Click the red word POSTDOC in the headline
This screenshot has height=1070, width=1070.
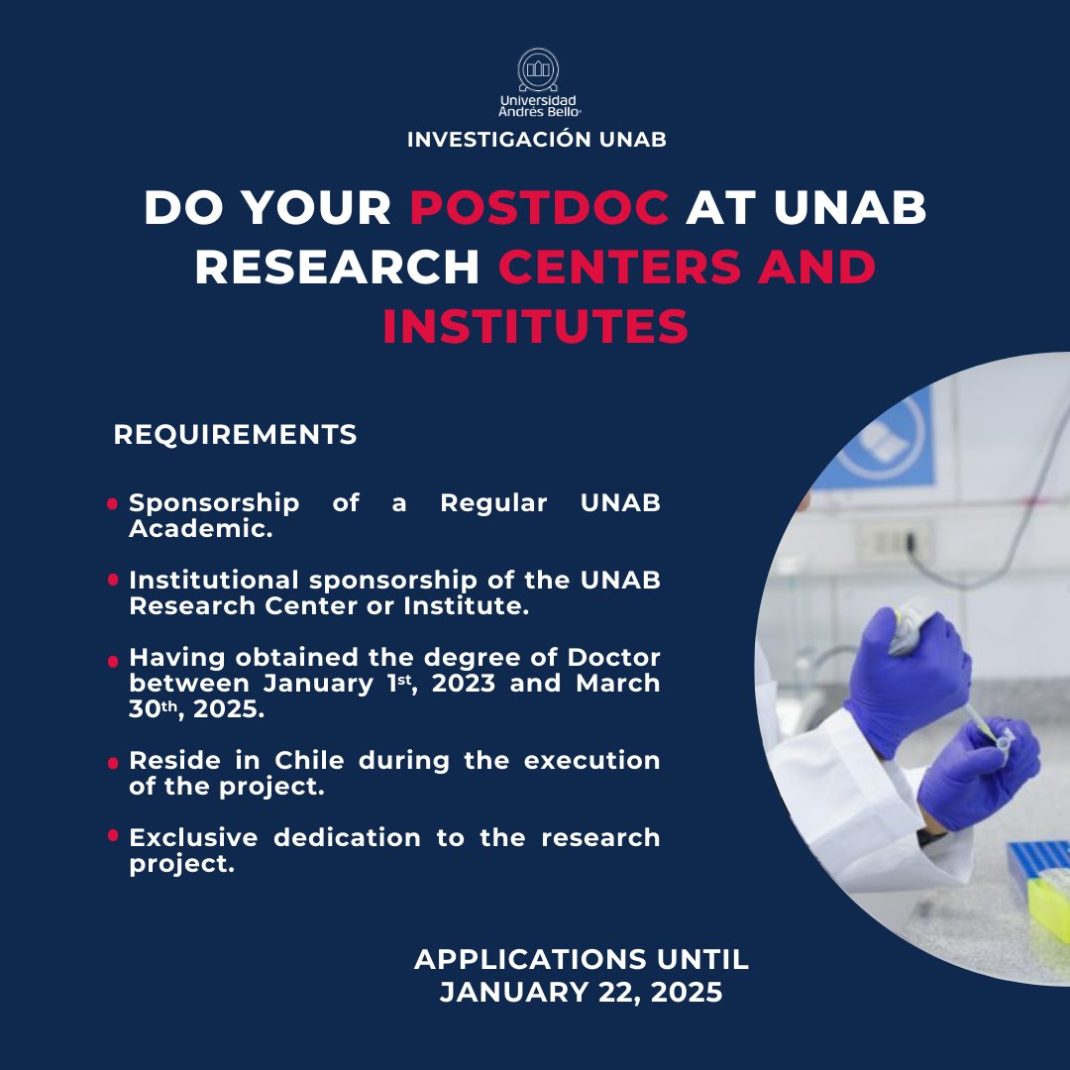[x=540, y=208]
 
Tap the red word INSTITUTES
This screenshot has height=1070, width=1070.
[x=535, y=328]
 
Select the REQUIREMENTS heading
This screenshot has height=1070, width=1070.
[x=236, y=435]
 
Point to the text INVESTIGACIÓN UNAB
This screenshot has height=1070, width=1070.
[x=536, y=140]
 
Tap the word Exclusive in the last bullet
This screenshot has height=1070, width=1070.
[x=193, y=838]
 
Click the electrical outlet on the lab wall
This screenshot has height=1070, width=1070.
[x=895, y=542]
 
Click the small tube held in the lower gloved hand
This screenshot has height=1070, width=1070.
[x=1001, y=737]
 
